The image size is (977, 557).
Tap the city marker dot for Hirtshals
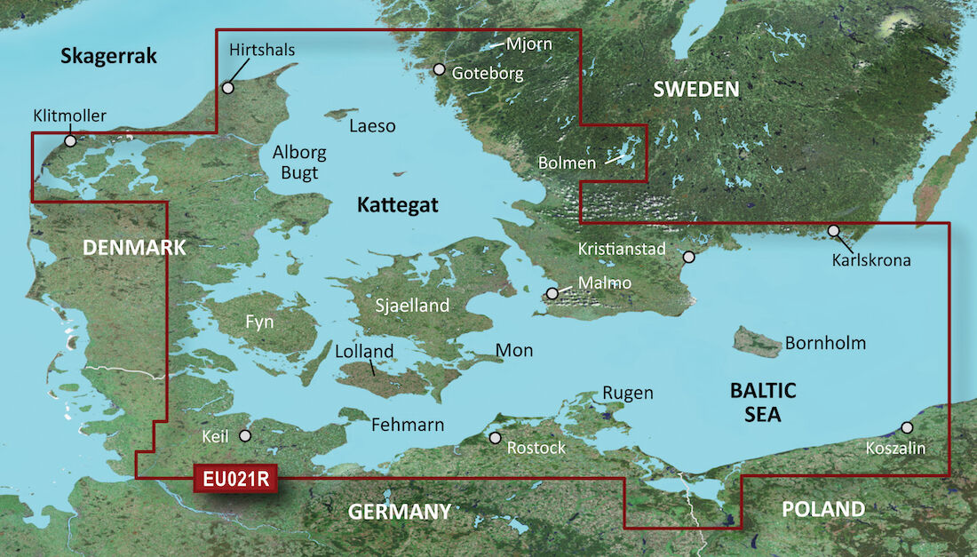coord(228,88)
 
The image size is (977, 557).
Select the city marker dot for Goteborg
coord(439,69)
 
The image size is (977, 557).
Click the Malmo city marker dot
coord(552,293)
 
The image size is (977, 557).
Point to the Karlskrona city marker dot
coord(833,231)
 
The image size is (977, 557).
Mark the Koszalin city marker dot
coord(906,427)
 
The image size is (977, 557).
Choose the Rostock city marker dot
coord(496,438)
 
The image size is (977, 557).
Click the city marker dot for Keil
coord(245,435)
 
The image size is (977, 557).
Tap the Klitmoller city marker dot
coord(69,140)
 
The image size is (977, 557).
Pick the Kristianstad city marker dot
coord(688,258)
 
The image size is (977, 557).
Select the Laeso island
coord(338,115)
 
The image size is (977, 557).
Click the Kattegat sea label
coord(398,205)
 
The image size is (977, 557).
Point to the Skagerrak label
coord(108,57)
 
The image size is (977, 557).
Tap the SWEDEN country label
coord(696,89)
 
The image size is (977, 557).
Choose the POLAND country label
coord(822,509)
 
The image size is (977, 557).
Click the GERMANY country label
coord(399,512)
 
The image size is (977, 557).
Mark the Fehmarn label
coord(408,426)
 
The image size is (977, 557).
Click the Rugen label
coord(627,393)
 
